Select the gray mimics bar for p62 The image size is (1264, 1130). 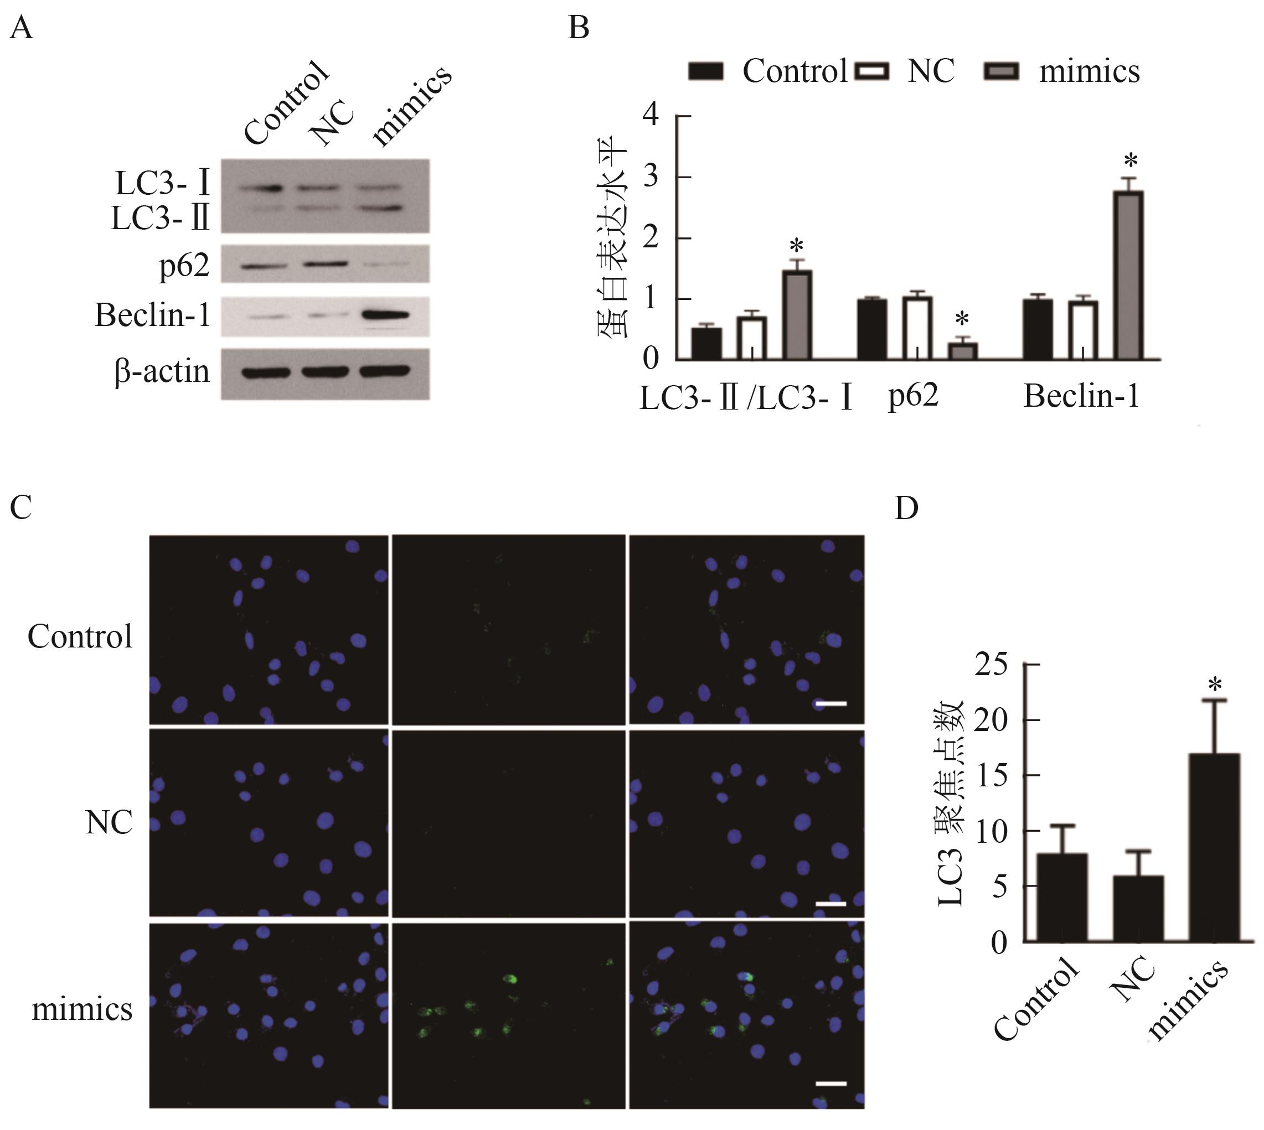pos(963,351)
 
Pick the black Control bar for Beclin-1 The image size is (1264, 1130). pos(1038,329)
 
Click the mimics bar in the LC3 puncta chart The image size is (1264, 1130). pos(1214,848)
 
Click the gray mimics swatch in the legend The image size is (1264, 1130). pos(1000,71)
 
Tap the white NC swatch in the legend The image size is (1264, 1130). pos(872,71)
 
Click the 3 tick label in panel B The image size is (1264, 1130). pos(651,177)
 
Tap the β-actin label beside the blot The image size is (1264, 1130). pos(162,372)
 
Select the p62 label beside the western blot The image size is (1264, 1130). pos(184,266)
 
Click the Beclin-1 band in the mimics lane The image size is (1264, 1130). pos(386,315)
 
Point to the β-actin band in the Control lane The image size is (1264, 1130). pos(266,372)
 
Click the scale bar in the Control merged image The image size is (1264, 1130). pos(831,703)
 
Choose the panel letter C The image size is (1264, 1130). pos(21,507)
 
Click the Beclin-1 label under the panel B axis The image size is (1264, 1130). pos(1081,396)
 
